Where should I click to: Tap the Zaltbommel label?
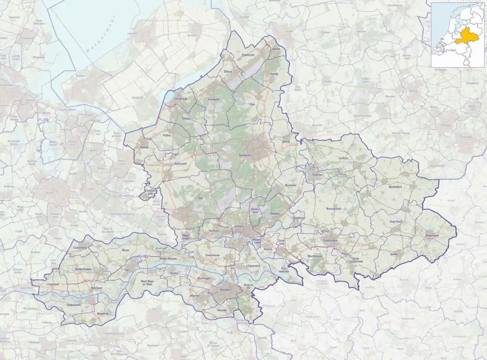click(74, 305)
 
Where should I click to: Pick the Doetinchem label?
click(330, 241)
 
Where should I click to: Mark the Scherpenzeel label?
click(150, 192)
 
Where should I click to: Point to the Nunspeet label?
click(214, 100)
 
